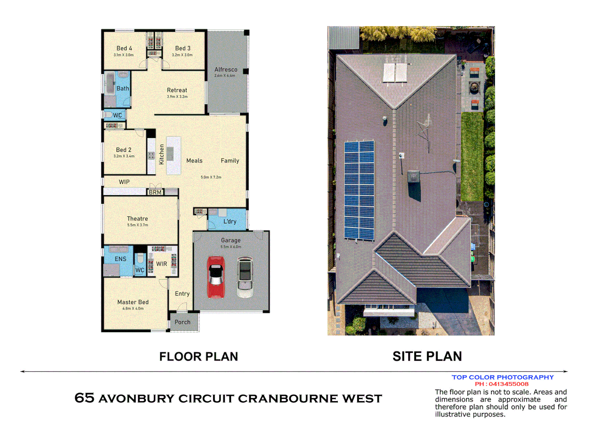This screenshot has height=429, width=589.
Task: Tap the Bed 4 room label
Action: coord(124,48)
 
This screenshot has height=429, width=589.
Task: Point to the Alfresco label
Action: coord(226,70)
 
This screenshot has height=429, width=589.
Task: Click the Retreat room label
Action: coord(177,90)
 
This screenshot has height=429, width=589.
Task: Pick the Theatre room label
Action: coord(137,218)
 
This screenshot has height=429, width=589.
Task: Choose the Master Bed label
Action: coord(133,302)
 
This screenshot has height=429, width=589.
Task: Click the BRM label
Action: coord(155,192)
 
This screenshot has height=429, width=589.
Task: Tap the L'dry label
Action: coord(230,221)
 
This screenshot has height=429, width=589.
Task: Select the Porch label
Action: coord(183,322)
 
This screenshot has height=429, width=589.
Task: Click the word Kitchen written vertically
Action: coord(162,154)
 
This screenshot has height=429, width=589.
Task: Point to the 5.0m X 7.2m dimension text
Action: coord(211,177)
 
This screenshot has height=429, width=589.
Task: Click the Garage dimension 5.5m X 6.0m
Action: coord(231,247)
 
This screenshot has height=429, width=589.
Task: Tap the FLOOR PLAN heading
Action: coord(198,356)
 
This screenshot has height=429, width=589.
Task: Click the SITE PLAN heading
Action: coord(427,356)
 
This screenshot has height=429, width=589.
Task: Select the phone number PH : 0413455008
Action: coord(502,384)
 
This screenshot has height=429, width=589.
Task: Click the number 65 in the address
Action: coord(84,398)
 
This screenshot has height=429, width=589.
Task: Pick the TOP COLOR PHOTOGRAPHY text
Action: coord(502,377)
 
